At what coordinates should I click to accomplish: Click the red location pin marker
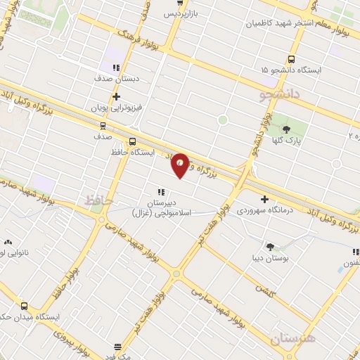tap(181, 164)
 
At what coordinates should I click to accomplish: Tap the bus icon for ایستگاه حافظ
tap(133, 141)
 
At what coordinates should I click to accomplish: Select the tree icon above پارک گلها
tap(286, 129)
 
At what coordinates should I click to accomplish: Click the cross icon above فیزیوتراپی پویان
tap(116, 97)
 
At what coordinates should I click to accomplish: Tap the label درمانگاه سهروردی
tap(264, 210)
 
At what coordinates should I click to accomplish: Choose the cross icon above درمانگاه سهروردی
tap(264, 199)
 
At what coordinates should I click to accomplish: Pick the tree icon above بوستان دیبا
tap(270, 246)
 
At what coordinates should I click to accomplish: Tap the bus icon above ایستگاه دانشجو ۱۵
tap(292, 60)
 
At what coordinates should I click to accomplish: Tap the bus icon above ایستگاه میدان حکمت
tap(25, 306)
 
